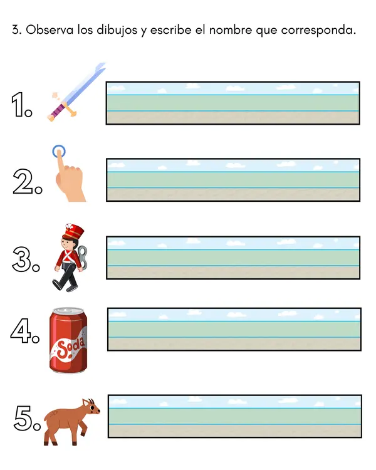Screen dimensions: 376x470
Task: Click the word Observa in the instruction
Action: coord(50,29)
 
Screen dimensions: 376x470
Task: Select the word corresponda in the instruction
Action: coord(318,31)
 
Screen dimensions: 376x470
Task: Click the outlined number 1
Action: coord(19,104)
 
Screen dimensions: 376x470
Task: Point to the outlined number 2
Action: coord(23,181)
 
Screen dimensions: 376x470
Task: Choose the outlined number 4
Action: coord(21,331)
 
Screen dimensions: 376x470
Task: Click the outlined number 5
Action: coord(23,418)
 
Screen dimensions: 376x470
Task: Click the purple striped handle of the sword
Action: coord(56,110)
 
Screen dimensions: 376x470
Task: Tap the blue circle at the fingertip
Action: coord(58,151)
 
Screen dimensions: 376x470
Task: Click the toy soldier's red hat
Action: coord(73,231)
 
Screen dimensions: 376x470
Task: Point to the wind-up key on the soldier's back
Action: coord(83,257)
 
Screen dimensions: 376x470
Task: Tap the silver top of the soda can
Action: coord(68,311)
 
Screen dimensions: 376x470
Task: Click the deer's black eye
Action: coord(93,408)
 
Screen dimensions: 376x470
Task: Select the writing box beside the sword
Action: coord(233,103)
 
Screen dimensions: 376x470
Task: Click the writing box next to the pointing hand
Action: coord(233,180)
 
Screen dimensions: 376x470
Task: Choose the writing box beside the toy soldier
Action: coord(233,258)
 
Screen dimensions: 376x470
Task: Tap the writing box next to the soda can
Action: coord(234,329)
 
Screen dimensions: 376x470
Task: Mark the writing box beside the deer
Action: coord(235,416)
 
